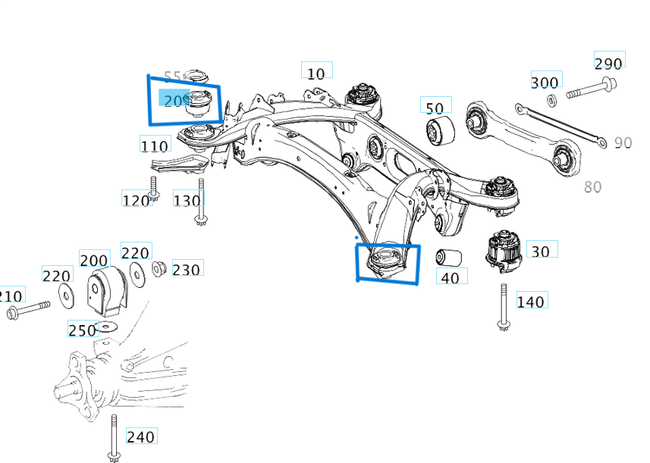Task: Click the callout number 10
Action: point(316,73)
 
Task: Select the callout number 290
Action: point(608,63)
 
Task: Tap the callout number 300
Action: point(545,83)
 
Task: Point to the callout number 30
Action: point(541,251)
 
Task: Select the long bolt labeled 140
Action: point(503,307)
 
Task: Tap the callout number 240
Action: point(140,436)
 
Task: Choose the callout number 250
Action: point(82,330)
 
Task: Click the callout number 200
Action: point(94,261)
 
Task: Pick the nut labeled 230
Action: point(159,268)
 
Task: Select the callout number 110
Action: point(155,145)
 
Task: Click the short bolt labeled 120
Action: point(153,188)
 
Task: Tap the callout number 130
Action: point(187,201)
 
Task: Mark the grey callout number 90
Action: point(623,143)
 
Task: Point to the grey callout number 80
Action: point(592,186)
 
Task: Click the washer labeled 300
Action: point(551,99)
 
